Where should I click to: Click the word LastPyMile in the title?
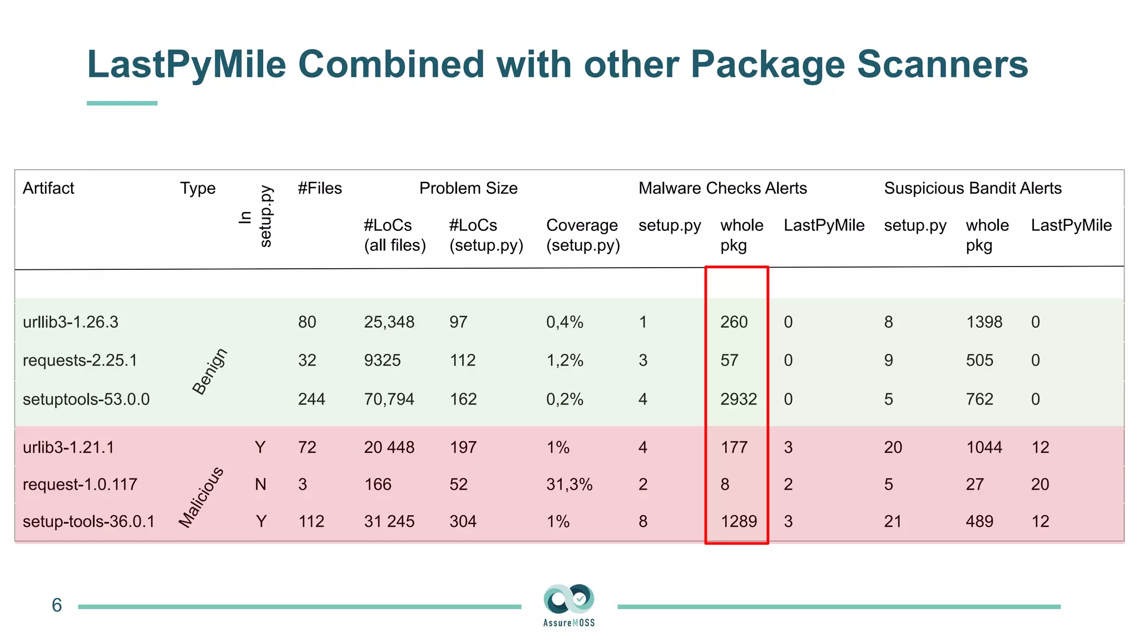tap(186, 65)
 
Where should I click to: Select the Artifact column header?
tap(48, 188)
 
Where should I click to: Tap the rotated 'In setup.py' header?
tap(256, 216)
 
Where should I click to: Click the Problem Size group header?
tap(468, 188)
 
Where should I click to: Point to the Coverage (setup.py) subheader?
tap(582, 235)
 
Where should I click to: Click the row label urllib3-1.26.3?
tap(71, 322)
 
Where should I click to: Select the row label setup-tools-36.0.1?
tap(88, 521)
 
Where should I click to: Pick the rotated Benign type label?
tap(209, 371)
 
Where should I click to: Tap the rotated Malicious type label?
tap(201, 497)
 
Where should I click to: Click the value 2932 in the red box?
tap(739, 399)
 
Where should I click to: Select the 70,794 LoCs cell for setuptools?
tap(389, 399)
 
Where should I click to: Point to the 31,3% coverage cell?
tap(569, 484)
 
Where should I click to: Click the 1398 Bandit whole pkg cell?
tap(984, 322)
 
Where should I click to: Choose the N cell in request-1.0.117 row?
tap(260, 484)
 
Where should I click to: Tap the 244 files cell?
tap(311, 399)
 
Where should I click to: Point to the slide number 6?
tap(57, 605)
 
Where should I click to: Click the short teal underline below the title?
tap(122, 103)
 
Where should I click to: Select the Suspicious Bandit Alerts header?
tap(973, 188)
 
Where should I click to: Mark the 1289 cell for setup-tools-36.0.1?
tap(739, 521)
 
